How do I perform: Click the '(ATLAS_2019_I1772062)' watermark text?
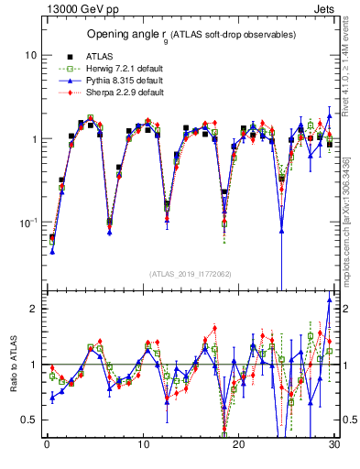click(190, 273)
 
